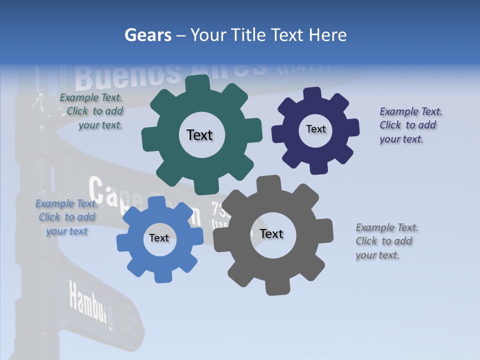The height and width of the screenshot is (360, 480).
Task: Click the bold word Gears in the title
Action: [x=147, y=35]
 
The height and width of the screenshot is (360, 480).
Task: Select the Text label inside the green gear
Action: [x=199, y=135]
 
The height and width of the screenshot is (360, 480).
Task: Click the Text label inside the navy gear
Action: [x=315, y=129]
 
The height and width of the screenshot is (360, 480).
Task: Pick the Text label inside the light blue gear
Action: [x=159, y=238]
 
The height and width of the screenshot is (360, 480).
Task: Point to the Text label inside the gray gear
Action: [x=271, y=234]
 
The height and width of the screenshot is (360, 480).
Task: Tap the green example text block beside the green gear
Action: [x=92, y=111]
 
